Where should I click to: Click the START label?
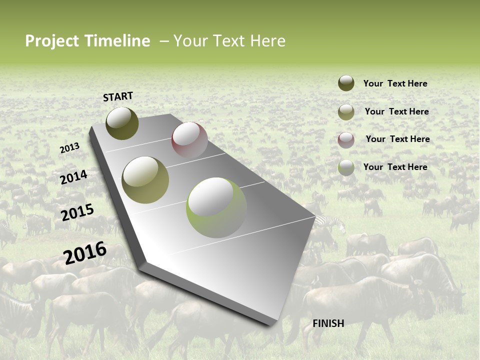[x=118, y=96]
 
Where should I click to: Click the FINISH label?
[x=328, y=323]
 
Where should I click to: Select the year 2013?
[x=69, y=148]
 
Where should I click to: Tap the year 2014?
[x=73, y=177]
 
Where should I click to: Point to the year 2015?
[x=77, y=212]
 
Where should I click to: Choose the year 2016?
[x=85, y=253]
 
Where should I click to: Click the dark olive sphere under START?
[x=122, y=123]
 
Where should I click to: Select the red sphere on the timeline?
[x=189, y=139]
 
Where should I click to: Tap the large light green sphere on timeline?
[x=216, y=207]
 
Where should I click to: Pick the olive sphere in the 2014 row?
[x=145, y=179]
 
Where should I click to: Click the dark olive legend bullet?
[x=346, y=83]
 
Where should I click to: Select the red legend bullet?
[x=346, y=139]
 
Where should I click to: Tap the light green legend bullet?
[x=346, y=167]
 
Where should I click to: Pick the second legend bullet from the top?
[x=346, y=111]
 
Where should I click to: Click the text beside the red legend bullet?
[x=397, y=139]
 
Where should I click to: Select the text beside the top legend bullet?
[x=395, y=83]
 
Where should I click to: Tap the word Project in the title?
[x=52, y=41]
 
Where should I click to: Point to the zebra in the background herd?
[x=332, y=223]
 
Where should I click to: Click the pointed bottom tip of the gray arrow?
[x=272, y=323]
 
